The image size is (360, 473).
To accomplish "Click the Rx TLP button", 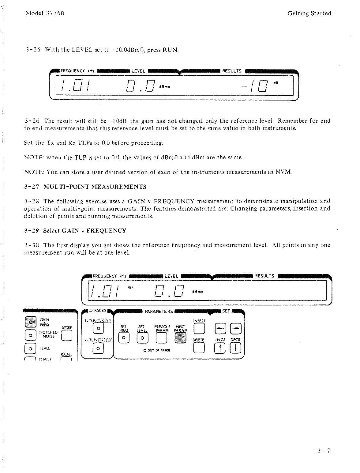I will (x=98, y=348).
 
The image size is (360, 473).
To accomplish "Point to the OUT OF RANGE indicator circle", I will (x=144, y=350).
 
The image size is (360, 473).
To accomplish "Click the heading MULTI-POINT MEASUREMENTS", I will (x=95, y=187).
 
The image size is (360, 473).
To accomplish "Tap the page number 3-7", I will (x=324, y=450).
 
